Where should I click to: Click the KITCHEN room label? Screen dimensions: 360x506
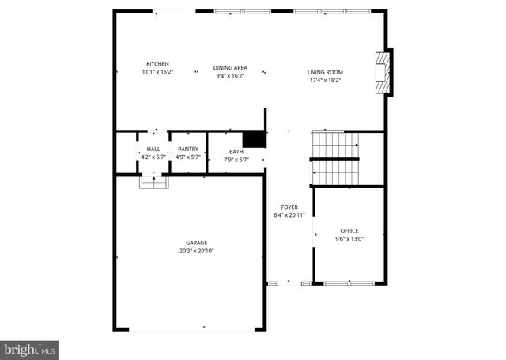point(157,64)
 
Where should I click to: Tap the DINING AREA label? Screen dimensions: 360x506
point(230,68)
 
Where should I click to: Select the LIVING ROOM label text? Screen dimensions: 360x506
point(325,72)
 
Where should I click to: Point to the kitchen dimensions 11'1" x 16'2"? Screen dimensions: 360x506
point(157,72)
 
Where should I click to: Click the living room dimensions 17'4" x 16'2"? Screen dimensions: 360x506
point(325,80)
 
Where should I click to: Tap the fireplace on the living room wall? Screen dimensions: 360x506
point(383,73)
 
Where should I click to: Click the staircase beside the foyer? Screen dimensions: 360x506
point(335,158)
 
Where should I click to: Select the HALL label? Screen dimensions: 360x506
point(153,149)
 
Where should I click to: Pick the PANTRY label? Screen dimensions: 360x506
point(188,149)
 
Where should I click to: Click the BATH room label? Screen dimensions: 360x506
point(236,151)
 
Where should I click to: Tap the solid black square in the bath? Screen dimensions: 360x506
point(254,139)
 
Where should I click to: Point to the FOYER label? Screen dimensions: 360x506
point(289,207)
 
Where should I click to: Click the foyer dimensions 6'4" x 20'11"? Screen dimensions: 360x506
point(289,214)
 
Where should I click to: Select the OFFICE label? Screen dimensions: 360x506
point(349,230)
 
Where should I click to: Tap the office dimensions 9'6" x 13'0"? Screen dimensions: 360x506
point(349,238)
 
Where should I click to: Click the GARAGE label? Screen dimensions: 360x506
point(197,243)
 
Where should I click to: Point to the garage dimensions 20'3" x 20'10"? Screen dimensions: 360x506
point(197,251)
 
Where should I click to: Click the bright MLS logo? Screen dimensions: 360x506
point(29,348)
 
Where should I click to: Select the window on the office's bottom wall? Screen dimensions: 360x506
point(348,282)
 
